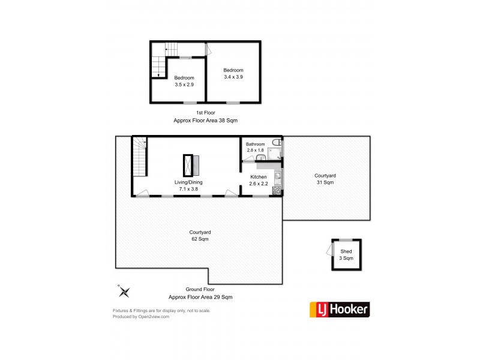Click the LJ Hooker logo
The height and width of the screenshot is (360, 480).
tap(339, 310)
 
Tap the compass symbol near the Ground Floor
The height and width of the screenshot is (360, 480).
tap(124, 292)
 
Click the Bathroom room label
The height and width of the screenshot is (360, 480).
tap(255, 144)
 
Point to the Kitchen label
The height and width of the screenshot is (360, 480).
tap(258, 178)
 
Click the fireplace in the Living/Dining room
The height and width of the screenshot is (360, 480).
tap(193, 164)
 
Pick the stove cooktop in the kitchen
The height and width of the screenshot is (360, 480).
tap(277, 190)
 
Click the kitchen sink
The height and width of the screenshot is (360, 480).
tap(277, 176)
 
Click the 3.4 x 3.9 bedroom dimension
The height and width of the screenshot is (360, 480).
tap(233, 77)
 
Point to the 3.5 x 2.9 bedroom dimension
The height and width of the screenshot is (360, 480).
tap(184, 85)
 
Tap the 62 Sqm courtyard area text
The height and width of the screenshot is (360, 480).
tap(199, 239)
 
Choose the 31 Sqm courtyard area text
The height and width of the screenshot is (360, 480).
tap(325, 182)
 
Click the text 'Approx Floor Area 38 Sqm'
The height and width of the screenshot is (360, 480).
tap(205, 120)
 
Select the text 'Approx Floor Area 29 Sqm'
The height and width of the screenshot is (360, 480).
tap(200, 297)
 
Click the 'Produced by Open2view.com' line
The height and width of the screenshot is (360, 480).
tap(141, 317)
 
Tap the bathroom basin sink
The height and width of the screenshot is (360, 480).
tap(260, 158)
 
